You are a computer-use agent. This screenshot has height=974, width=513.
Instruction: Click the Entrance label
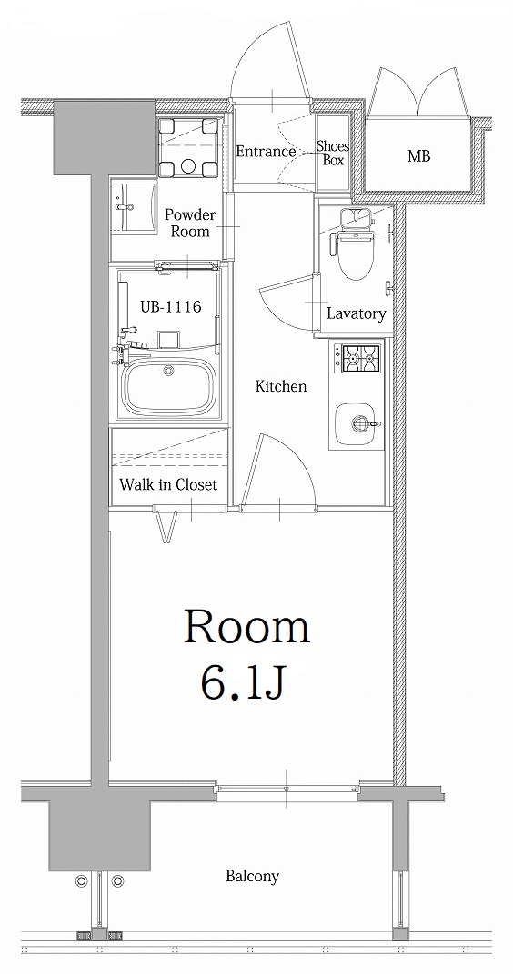point(266,152)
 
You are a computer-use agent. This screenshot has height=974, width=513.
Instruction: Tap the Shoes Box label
point(333,153)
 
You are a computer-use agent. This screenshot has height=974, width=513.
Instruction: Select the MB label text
point(418,156)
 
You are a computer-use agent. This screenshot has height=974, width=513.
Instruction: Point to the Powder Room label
point(189,224)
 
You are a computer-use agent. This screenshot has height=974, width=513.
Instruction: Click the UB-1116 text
point(170,307)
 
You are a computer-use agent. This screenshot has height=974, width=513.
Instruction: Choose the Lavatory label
point(356,314)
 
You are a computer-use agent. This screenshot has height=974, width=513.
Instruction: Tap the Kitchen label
point(280,387)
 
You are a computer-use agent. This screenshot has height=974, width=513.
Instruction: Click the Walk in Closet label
point(168,485)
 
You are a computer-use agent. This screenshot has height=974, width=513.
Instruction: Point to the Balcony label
point(252,877)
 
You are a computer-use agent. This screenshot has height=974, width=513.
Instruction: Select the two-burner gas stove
point(357,358)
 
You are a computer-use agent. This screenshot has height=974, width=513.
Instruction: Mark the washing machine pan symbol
point(188,148)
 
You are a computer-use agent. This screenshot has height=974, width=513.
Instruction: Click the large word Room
point(247,628)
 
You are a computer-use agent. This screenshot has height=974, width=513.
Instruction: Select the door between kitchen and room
point(282,472)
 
